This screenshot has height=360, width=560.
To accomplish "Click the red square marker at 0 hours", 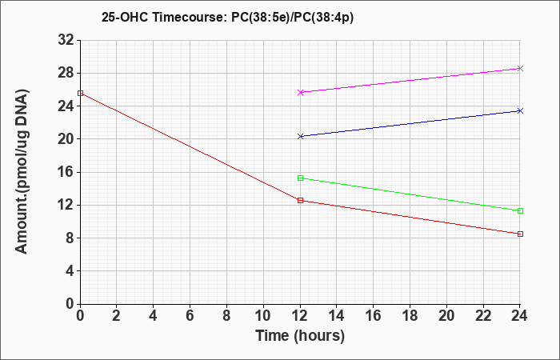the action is tap(80, 94).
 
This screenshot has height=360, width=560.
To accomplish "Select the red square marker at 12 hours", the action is tap(300, 200).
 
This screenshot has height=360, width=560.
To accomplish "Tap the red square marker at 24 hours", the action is tap(520, 234).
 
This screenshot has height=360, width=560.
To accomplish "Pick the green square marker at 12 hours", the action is tap(300, 178).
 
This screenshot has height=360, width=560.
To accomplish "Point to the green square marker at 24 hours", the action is tap(520, 210).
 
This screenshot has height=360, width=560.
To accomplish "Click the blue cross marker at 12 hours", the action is tap(300, 137).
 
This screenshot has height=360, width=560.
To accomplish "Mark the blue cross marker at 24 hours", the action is tap(520, 110).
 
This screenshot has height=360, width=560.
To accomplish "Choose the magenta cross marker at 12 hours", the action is tap(300, 92).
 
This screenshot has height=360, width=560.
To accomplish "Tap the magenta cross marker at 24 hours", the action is tap(520, 68).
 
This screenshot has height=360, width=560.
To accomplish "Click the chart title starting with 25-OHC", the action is tap(227, 18).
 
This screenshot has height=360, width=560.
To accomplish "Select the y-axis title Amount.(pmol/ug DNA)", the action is tap(22, 172).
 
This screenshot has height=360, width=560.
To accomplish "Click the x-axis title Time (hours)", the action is tap(300, 336).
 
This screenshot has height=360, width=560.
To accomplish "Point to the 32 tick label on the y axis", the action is tap(66, 40).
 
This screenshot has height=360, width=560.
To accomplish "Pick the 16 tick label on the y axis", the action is tap(66, 172).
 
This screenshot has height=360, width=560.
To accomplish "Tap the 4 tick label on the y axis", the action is tap(70, 271).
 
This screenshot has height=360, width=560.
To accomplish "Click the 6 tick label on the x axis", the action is tap(190, 316).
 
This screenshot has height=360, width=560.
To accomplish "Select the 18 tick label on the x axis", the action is tap(410, 316).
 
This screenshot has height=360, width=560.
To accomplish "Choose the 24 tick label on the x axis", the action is tap(520, 316).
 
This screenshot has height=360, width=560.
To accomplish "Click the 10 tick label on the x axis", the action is tap(263, 316).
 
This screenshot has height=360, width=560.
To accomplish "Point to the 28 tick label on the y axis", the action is tap(66, 74).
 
